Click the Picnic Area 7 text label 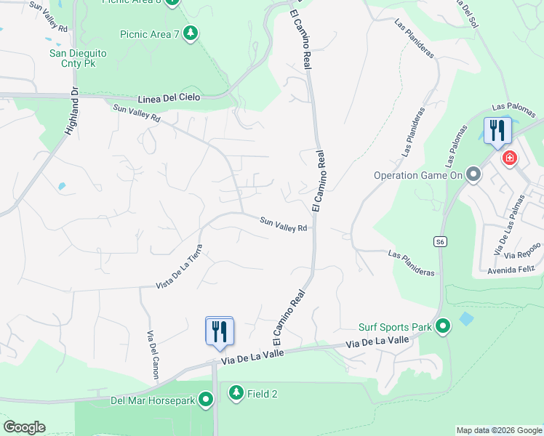(x=150, y=34)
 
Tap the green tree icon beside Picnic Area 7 (x=191, y=33)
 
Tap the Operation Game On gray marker (x=474, y=174)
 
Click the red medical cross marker (x=510, y=158)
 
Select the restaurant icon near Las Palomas (x=497, y=131)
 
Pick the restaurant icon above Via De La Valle (x=219, y=331)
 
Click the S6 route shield (x=440, y=242)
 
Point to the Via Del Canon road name (x=152, y=355)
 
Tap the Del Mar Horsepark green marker (x=207, y=399)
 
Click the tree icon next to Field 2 (x=236, y=393)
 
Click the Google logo (x=24, y=427)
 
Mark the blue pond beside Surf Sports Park (x=465, y=320)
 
